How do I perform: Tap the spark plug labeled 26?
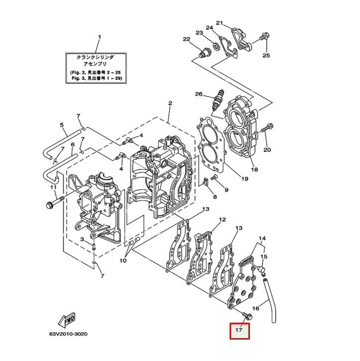click(217, 102)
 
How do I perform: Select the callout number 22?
click(186, 39)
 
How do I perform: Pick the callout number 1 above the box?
click(99, 37)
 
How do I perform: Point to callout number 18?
click(254, 170)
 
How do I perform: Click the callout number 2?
click(170, 103)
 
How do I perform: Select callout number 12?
click(222, 219)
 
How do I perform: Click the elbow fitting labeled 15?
click(260, 270)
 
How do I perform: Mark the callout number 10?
click(123, 261)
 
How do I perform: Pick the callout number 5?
click(62, 125)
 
